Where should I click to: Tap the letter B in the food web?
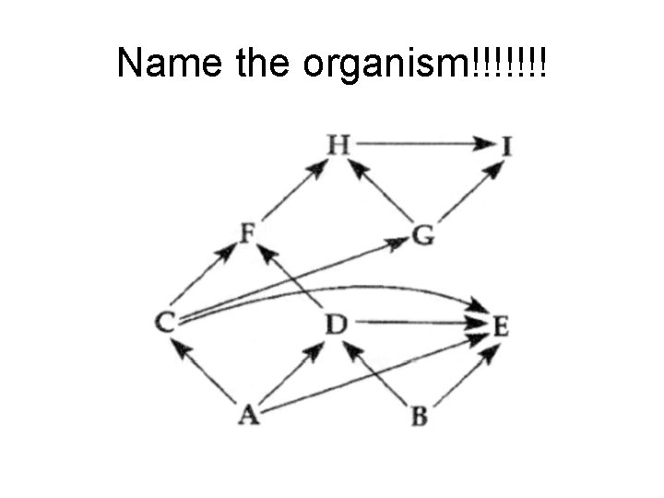pyautogui.click(x=420, y=416)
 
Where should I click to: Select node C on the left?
pyautogui.click(x=166, y=322)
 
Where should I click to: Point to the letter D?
pyautogui.click(x=337, y=324)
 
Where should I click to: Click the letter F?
pyautogui.click(x=248, y=233)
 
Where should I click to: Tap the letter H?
pyautogui.click(x=338, y=144)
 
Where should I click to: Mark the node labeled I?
pyautogui.click(x=506, y=146)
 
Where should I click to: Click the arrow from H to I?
pyautogui.click(x=424, y=144)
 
